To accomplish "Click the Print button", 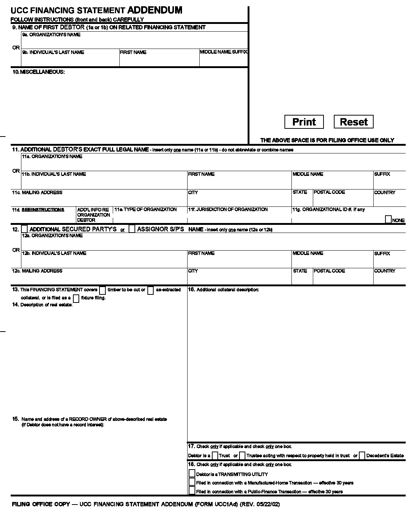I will click(x=304, y=122).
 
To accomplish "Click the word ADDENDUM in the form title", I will click(x=155, y=10).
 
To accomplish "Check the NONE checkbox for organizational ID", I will click(x=388, y=220).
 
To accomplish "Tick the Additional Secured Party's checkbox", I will click(x=24, y=229).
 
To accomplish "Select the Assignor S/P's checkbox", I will click(x=132, y=229).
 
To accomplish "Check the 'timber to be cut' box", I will click(x=102, y=290).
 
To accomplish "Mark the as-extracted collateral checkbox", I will click(x=150, y=290).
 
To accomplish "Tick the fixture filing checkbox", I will click(x=76, y=298).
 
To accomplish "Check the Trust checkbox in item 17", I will click(x=216, y=456).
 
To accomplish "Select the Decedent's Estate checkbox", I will click(x=362, y=456).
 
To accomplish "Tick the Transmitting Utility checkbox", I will click(x=192, y=474).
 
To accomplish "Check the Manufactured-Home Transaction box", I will click(x=192, y=482).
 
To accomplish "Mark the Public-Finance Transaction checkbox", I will click(x=192, y=491).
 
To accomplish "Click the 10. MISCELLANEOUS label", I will click(x=39, y=72).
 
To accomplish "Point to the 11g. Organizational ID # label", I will click(x=328, y=210).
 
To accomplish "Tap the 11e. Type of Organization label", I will click(x=146, y=210).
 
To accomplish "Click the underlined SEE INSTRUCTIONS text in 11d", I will click(x=43, y=210).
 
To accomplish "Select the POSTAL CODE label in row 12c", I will click(x=329, y=271).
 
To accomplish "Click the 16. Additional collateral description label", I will click(x=223, y=290).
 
